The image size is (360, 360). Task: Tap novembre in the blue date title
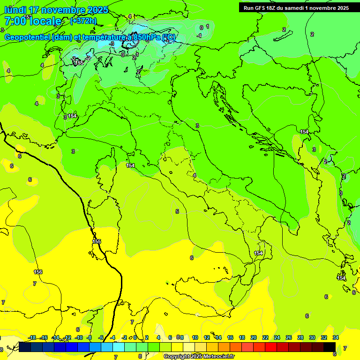click(62, 10)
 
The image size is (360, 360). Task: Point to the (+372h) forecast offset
click(83, 21)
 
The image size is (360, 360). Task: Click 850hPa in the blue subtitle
click(144, 37)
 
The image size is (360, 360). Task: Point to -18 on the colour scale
click(32, 337)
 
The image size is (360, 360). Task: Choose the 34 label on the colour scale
click(336, 337)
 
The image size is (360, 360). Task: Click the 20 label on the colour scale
click(253, 337)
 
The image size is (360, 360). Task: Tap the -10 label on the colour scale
click(79, 337)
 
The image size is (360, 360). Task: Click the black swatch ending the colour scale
click(330, 347)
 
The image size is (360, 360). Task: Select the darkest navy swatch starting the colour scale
click(25, 347)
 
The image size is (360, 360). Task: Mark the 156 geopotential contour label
click(38, 272)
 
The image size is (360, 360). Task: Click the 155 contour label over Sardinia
click(97, 241)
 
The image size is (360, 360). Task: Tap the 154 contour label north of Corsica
click(130, 165)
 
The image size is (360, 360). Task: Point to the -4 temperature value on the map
click(199, 36)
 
